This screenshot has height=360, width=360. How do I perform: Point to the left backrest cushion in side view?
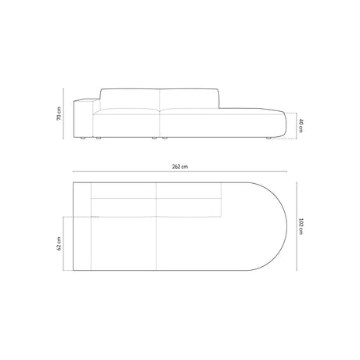pyautogui.click(x=128, y=99)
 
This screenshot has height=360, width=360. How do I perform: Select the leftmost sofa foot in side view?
pyautogui.click(x=81, y=139)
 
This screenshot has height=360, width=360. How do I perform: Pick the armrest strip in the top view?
pyautogui.click(x=82, y=228)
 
